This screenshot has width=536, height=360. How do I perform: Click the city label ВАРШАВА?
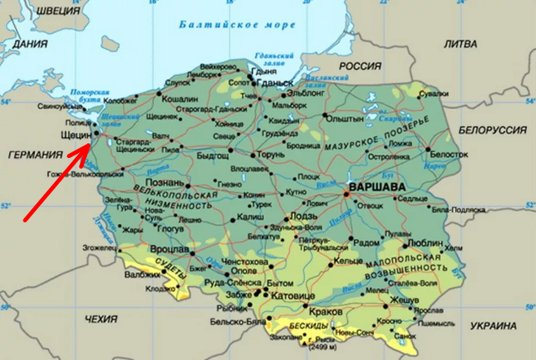[x=376, y=187]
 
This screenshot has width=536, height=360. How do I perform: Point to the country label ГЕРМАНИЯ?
[x=33, y=155]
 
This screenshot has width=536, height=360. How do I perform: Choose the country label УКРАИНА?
[x=494, y=326]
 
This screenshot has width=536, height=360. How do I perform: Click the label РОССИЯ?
[x=359, y=66]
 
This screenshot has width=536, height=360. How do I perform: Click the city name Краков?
[x=326, y=311]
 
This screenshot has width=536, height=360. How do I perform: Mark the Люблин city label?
[x=424, y=243]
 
